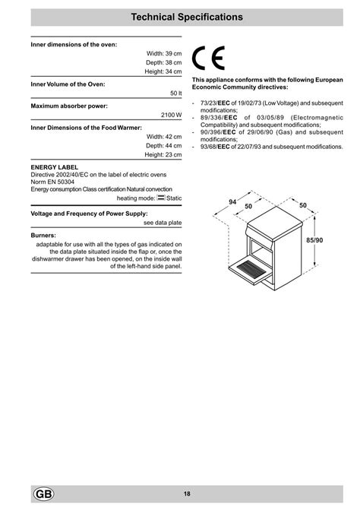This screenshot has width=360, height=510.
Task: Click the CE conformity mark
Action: (x=209, y=59)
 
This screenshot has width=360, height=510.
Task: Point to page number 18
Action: (x=186, y=494)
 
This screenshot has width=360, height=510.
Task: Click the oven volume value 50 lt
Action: (x=175, y=92)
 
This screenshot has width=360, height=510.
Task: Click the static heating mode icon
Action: (x=160, y=197)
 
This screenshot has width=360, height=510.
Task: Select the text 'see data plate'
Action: (x=163, y=223)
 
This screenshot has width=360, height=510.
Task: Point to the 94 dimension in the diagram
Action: (x=232, y=201)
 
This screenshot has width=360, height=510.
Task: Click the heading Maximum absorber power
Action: (x=69, y=105)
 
